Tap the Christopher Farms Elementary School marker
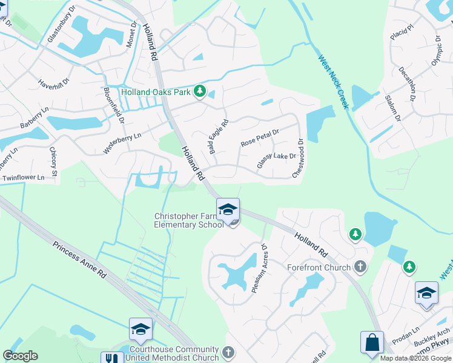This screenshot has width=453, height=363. tap(228, 209)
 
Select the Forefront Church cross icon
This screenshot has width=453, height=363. tap(361, 267)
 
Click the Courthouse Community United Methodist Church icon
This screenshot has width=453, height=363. tap(228, 352)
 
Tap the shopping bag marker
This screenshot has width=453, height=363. tap(372, 342)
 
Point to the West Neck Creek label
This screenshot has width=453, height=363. tap(333, 82)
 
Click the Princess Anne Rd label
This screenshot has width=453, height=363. tap(79, 260)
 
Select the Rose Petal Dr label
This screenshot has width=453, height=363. tap(259, 138)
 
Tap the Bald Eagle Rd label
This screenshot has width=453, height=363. tap(219, 136)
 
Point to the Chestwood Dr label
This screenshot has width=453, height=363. tap(298, 158)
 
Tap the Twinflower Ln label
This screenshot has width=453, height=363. tap(24, 178)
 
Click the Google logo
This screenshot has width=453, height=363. tap(20, 356)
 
